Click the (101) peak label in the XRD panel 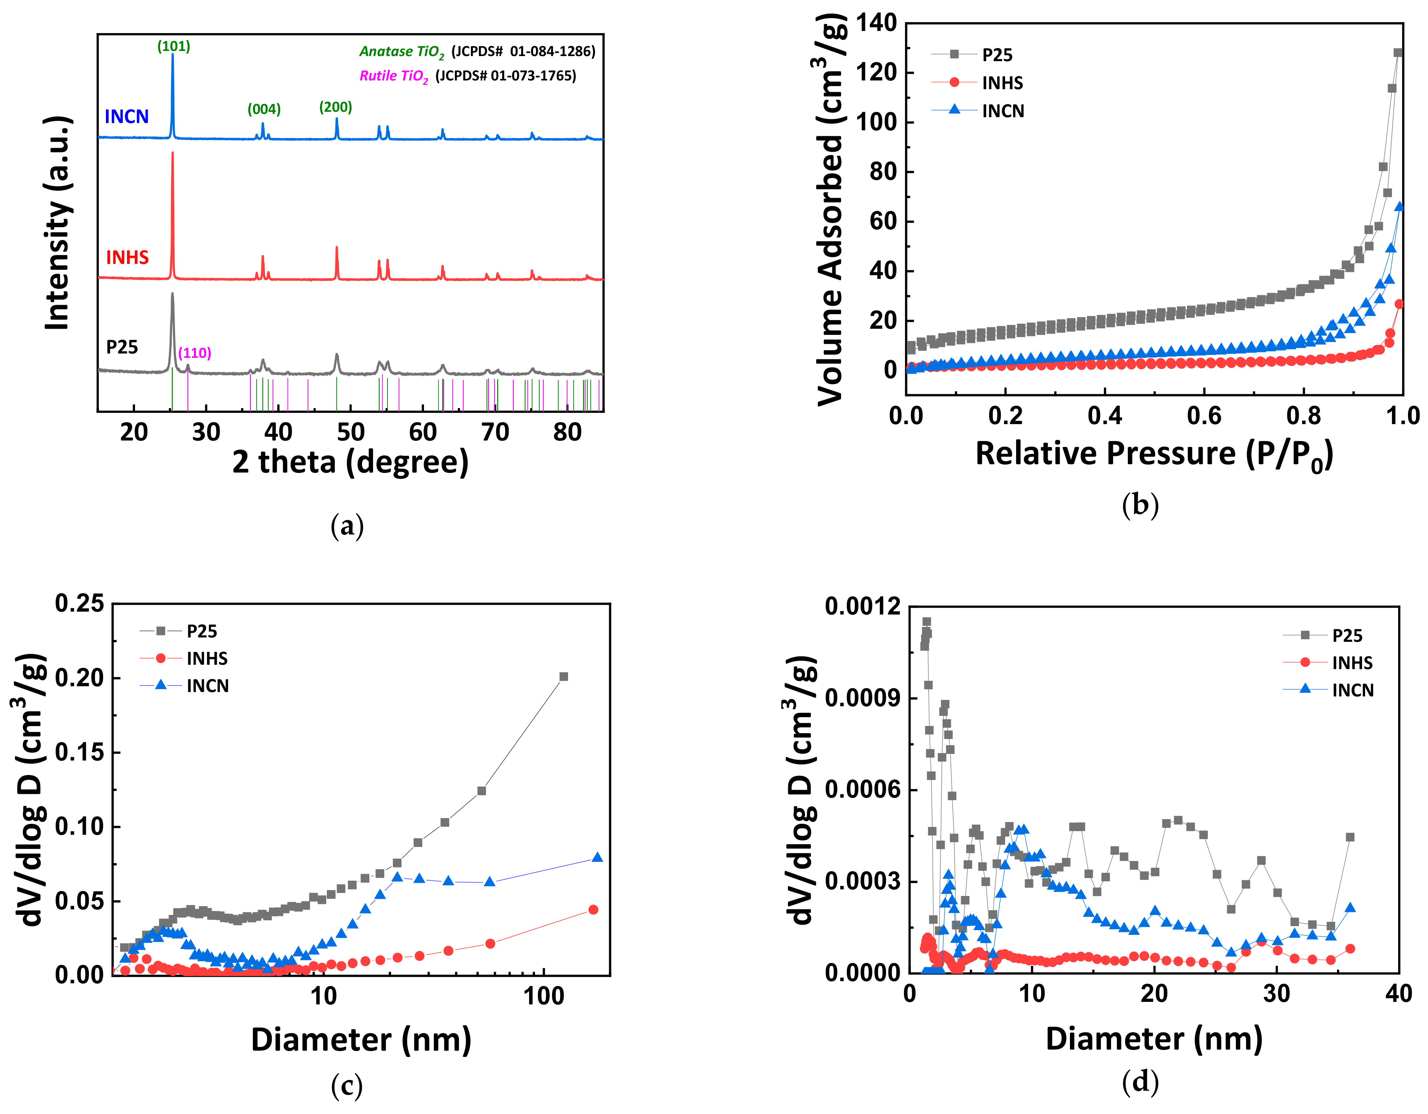point(173,47)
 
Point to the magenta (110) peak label point(195,353)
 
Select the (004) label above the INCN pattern point(264,109)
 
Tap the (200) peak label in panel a point(336,107)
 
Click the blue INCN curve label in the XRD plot point(127,116)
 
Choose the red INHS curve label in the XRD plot point(127,258)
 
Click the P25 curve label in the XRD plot point(122,347)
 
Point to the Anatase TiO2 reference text point(401,52)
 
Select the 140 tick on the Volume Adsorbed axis point(876,24)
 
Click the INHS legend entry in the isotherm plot point(1002,83)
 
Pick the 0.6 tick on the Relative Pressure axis point(1205,416)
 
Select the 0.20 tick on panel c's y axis point(79,678)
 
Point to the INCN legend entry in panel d point(1352,690)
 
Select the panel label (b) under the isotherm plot point(1140,505)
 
